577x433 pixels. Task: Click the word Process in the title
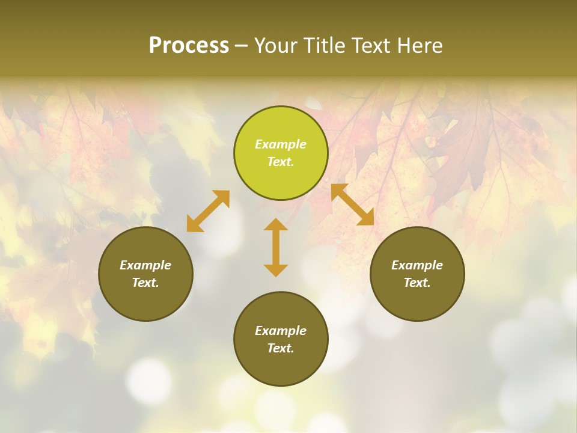tap(189, 46)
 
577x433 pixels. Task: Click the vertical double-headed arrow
tap(276, 247)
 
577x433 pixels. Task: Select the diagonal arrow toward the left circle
tap(208, 211)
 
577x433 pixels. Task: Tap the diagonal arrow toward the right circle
tap(353, 205)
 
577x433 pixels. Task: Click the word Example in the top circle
tap(281, 144)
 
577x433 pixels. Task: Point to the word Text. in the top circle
tap(281, 162)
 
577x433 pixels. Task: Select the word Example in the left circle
tap(145, 265)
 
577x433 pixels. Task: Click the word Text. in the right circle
tap(417, 283)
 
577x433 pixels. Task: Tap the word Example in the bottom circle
tap(281, 331)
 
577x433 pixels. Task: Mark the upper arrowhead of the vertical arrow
tap(276, 226)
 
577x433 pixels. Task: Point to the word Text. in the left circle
tap(145, 283)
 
